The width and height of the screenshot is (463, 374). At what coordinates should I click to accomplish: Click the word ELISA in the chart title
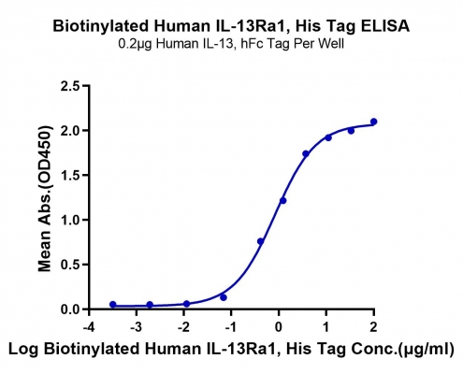385,26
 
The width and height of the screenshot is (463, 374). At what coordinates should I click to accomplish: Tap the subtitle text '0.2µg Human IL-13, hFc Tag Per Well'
231,44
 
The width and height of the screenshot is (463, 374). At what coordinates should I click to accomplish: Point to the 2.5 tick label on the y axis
69,86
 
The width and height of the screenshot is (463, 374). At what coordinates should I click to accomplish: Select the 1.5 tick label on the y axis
69,175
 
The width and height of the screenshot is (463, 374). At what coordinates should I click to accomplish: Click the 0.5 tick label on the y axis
69,265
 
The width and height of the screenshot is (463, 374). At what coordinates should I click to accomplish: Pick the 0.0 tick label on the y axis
69,309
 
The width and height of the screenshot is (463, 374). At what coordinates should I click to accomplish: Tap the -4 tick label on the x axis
89,327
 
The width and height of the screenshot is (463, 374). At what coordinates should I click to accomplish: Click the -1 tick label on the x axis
231,327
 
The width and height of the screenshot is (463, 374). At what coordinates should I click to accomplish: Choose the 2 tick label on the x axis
373,327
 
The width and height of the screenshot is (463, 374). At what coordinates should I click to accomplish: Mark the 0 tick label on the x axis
279,327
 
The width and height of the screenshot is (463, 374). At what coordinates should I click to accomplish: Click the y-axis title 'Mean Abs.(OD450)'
45,198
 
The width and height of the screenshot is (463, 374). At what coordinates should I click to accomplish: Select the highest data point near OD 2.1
373,122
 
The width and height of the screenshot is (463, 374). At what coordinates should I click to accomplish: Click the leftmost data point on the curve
113,305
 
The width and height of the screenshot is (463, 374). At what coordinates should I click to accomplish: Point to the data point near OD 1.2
282,201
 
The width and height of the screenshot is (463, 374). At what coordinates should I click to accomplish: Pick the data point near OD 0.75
261,241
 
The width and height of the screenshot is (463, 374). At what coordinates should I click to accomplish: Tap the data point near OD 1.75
306,153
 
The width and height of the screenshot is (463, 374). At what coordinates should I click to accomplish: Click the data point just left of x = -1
224,297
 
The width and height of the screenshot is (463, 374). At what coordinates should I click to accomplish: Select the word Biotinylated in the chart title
100,26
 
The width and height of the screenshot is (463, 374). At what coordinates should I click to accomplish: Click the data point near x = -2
186,304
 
